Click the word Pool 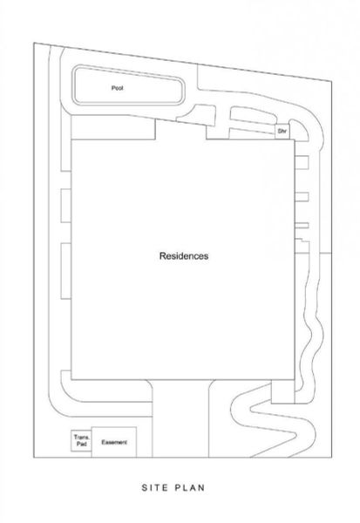pyautogui.click(x=117, y=88)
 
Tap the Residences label pyautogui.click(x=184, y=255)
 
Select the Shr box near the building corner pyautogui.click(x=282, y=132)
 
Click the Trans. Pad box pyautogui.click(x=81, y=440)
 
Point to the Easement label pyautogui.click(x=114, y=442)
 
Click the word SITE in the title pyautogui.click(x=154, y=487)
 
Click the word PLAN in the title pyautogui.click(x=189, y=487)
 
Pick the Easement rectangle pyautogui.click(x=114, y=442)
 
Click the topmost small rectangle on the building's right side pyautogui.click(x=302, y=162)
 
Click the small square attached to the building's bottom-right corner pyautogui.click(x=282, y=391)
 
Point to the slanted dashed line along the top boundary pyautogui.click(x=183, y=62)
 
